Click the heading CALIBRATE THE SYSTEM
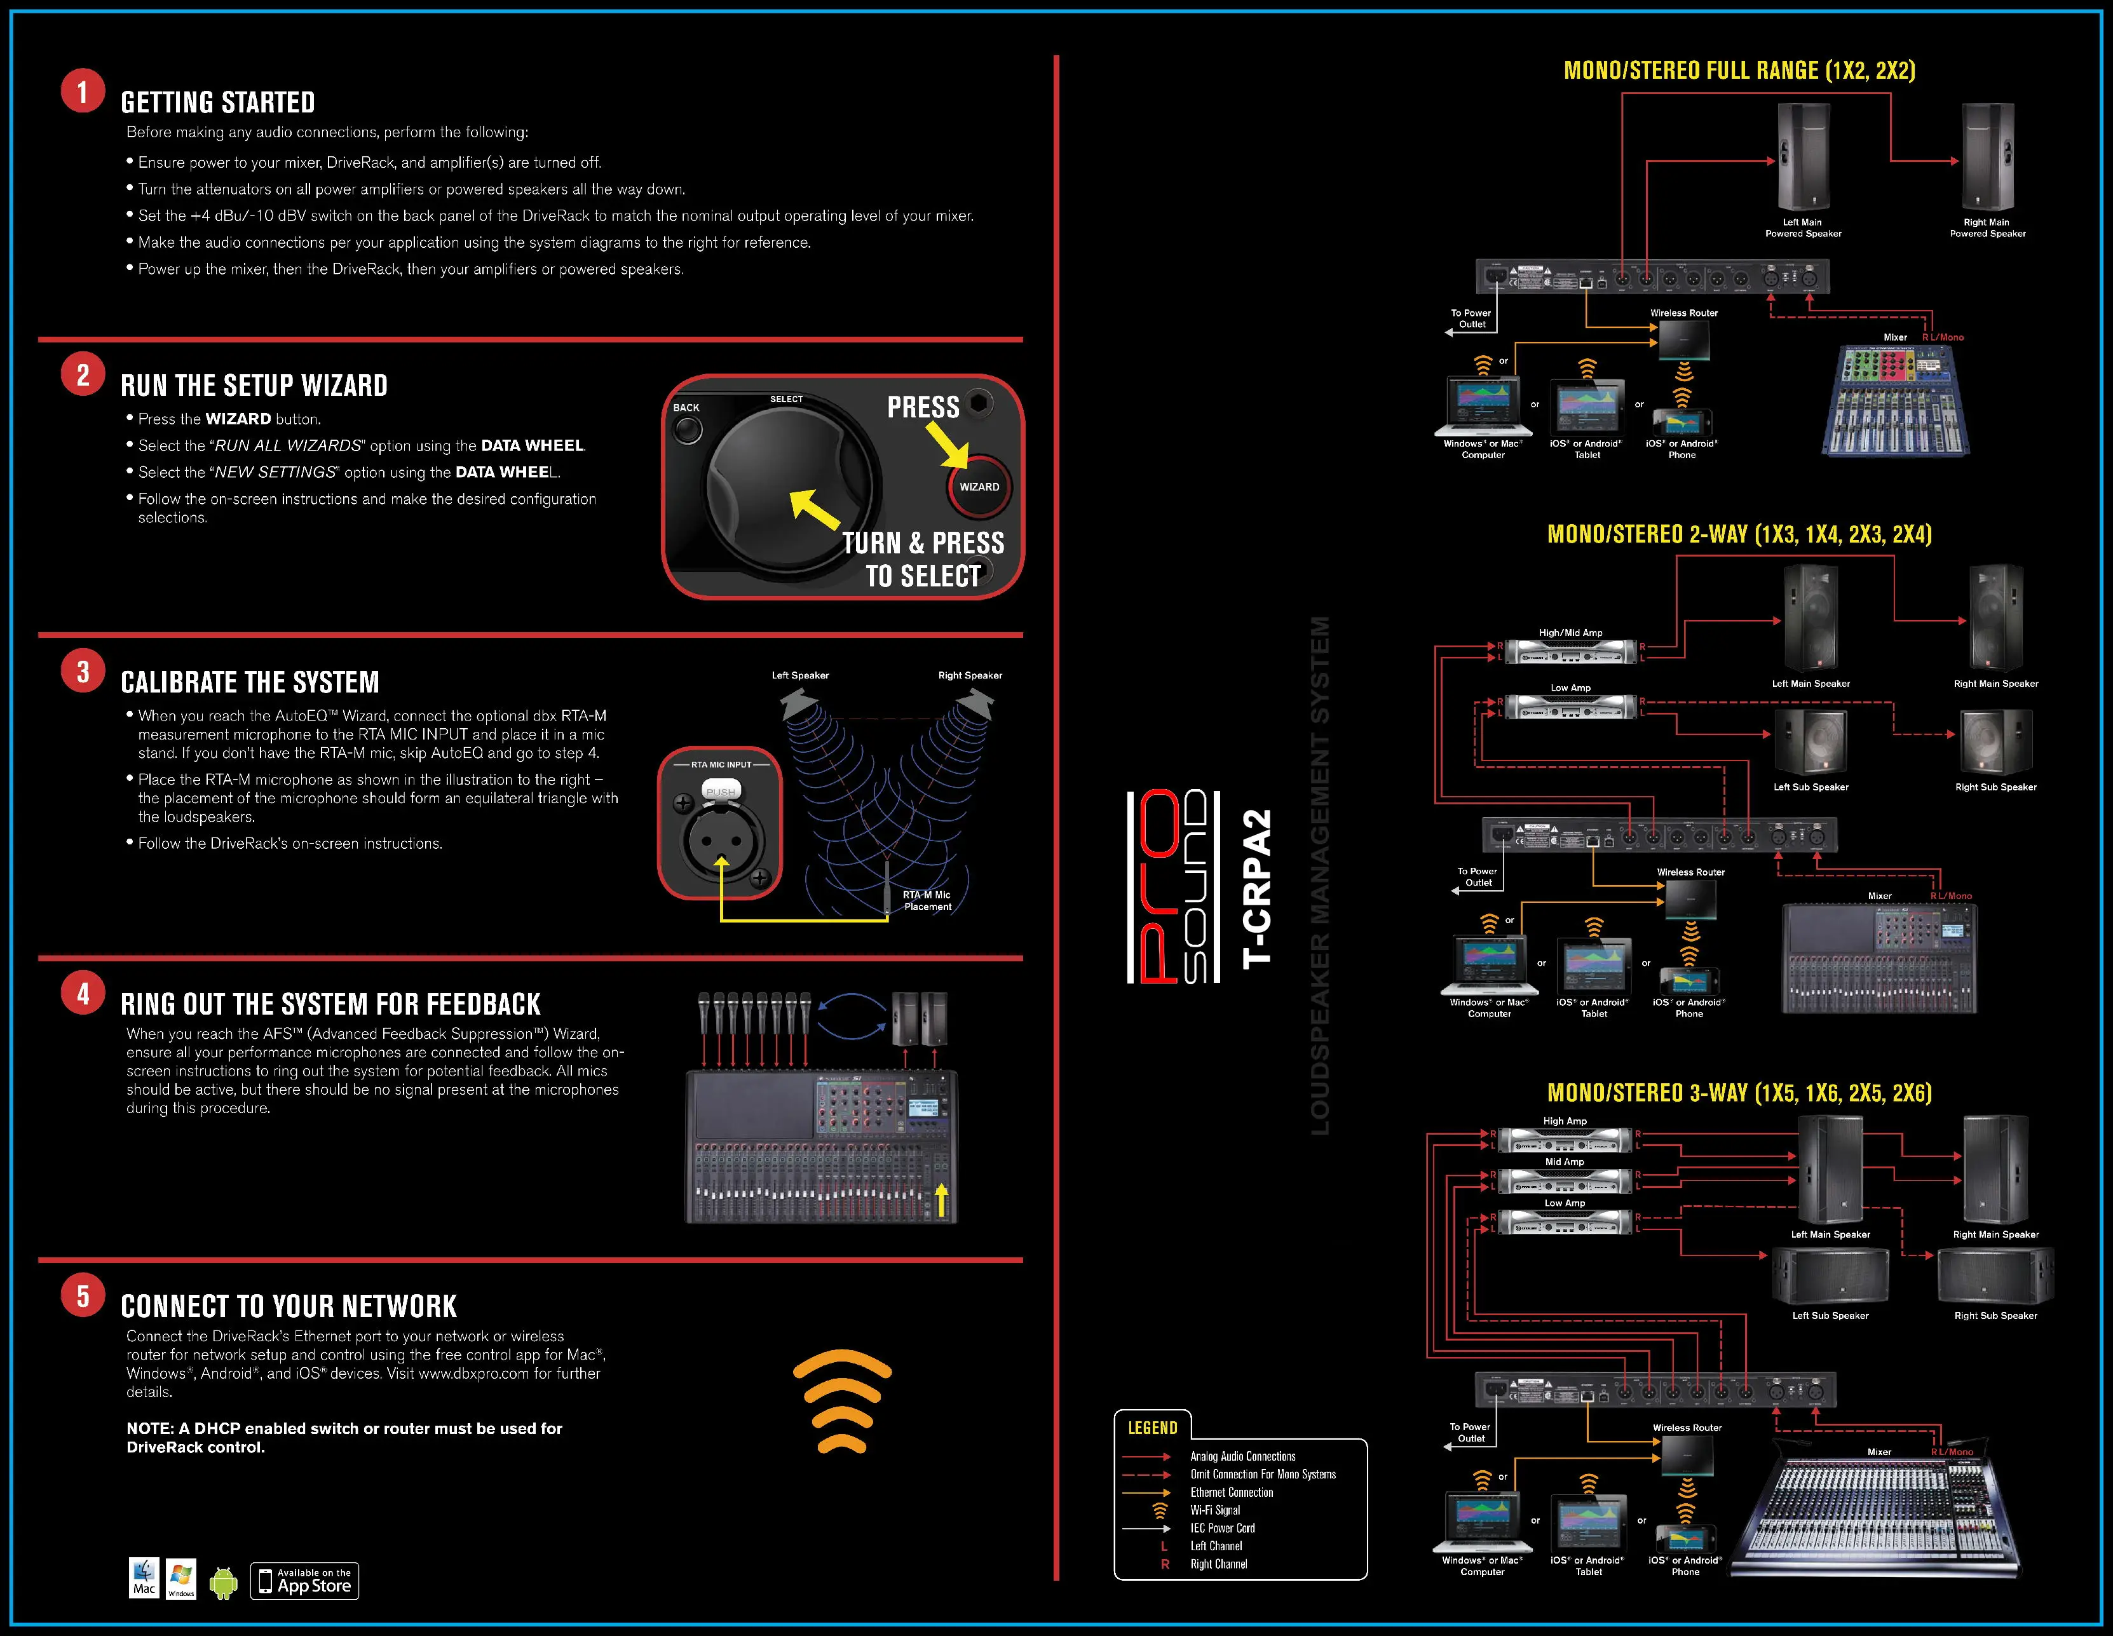(250, 682)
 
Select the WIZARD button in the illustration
(979, 487)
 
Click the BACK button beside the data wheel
(688, 429)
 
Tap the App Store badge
(305, 1581)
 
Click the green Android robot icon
(224, 1583)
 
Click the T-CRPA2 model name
(1257, 888)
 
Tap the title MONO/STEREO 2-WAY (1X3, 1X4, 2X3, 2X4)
(1739, 535)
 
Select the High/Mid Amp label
(1570, 633)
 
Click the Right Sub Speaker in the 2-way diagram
(1995, 742)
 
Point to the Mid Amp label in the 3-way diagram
(1565, 1162)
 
